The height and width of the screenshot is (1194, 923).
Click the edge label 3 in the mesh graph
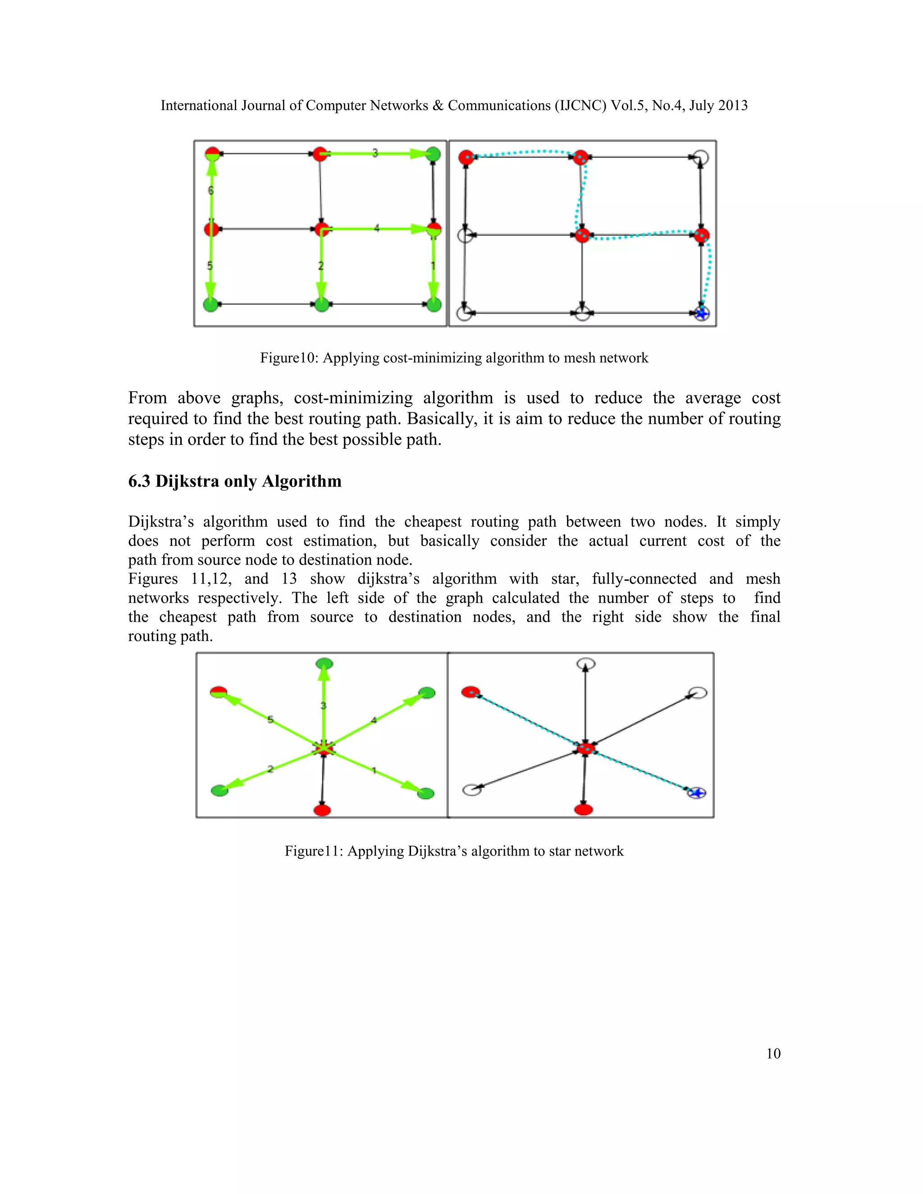(x=375, y=153)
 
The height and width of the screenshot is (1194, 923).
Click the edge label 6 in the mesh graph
(x=210, y=190)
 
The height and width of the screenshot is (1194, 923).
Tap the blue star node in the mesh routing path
(x=702, y=313)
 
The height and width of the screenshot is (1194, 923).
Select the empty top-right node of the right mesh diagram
(x=701, y=157)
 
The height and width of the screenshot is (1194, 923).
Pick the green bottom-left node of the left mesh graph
(x=211, y=305)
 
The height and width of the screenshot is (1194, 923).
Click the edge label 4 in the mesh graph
(x=376, y=228)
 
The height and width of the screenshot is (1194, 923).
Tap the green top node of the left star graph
(x=324, y=664)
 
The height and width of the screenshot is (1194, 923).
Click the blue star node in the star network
(x=697, y=793)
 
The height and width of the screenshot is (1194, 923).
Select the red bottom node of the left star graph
(x=323, y=810)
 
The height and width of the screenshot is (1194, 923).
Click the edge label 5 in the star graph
(x=270, y=720)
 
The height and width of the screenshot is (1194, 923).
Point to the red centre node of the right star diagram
(x=585, y=748)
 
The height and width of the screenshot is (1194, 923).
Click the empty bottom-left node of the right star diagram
(x=472, y=789)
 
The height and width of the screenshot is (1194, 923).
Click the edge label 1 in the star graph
(x=374, y=771)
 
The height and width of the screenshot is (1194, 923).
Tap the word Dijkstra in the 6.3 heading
(x=187, y=481)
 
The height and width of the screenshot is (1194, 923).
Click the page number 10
(x=773, y=1053)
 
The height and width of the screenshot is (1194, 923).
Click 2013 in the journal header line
(x=733, y=105)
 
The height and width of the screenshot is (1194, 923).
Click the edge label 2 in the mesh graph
(x=321, y=266)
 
